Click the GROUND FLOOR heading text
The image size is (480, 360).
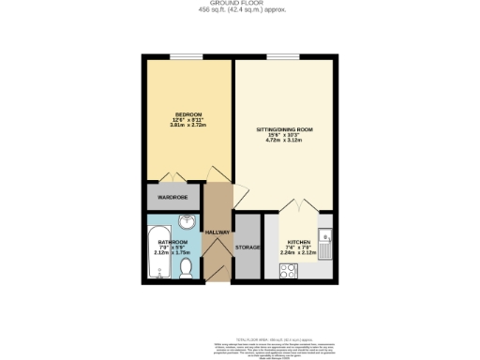pos(239,4)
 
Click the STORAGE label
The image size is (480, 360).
pos(247,247)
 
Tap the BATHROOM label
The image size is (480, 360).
pos(170,242)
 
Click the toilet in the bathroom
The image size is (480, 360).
pos(187,269)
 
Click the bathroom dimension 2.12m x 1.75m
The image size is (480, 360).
pos(170,253)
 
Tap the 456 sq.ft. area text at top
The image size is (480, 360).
pos(239,10)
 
